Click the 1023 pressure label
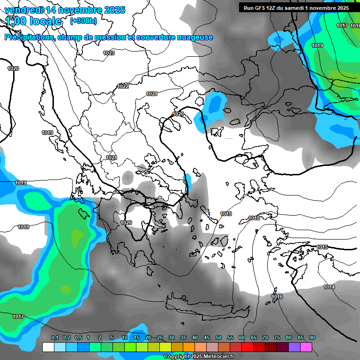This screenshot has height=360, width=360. pyautogui.click(x=109, y=53)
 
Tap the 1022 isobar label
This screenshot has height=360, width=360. pyautogui.click(x=123, y=86)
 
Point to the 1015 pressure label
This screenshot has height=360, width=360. pyautogui.click(x=322, y=247)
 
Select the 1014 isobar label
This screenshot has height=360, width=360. pyautogui.click(x=329, y=287)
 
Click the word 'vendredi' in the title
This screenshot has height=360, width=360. pyautogui.click(x=22, y=10)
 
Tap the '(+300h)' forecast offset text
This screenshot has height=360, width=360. pyautogui.click(x=83, y=21)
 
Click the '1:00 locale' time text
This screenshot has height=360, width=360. pyautogui.click(x=34, y=21)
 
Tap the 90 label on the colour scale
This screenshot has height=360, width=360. pyautogui.click(x=312, y=338)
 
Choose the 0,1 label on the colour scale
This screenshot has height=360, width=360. pyautogui.click(x=54, y=338)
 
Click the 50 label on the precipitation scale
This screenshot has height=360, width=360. pyautogui.click(x=218, y=338)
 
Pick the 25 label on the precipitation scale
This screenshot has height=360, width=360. pyautogui.click(x=160, y=338)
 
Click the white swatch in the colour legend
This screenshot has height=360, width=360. pyautogui.click(x=48, y=347)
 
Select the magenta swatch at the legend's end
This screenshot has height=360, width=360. pyautogui.click(x=306, y=347)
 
